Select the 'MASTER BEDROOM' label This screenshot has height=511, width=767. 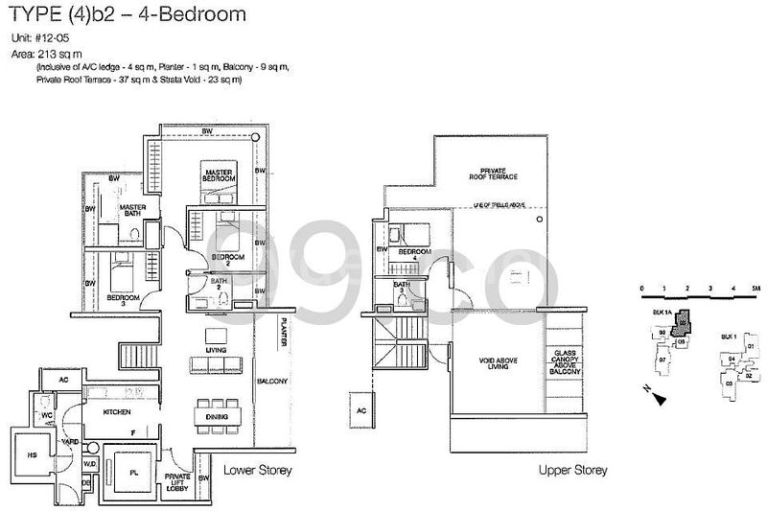click(x=219, y=174)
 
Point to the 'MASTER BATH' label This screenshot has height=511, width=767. click(x=131, y=210)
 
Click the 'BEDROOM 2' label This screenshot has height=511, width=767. click(x=227, y=261)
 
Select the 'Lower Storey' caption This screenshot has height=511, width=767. click(x=257, y=471)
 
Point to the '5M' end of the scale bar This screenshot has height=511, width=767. click(x=756, y=288)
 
